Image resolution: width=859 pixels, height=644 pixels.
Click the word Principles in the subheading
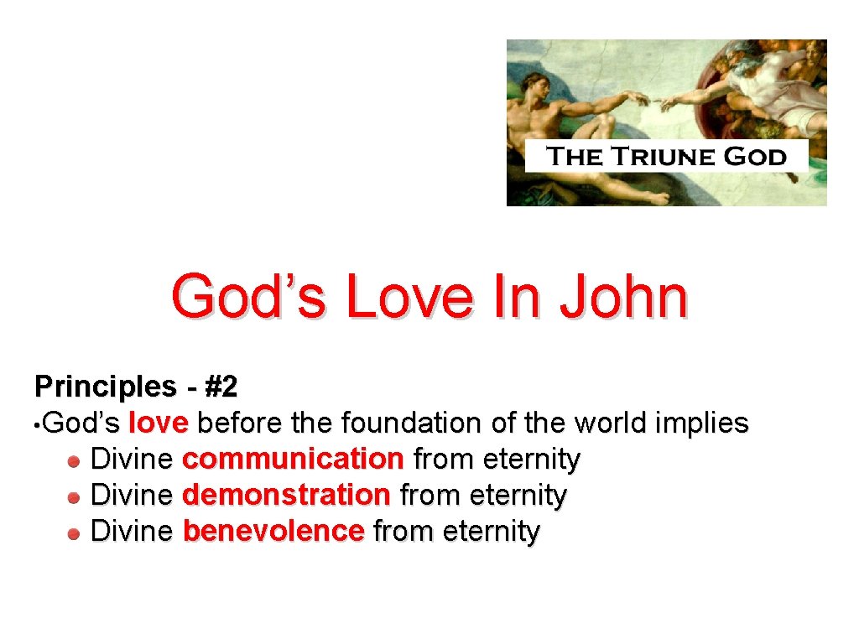(100, 387)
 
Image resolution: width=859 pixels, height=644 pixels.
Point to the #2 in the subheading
(221, 387)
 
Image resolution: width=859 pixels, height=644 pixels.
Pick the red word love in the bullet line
(159, 423)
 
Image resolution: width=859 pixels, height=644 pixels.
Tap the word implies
(701, 423)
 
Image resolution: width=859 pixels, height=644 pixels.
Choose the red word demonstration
(286, 495)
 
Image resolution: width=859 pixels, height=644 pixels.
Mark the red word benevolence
(273, 531)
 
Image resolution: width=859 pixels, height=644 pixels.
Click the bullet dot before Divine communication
(75, 460)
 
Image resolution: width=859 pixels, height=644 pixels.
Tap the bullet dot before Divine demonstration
(75, 496)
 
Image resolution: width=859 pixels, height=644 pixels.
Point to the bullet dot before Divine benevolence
(75, 532)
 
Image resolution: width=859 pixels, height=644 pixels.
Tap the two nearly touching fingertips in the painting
(654, 103)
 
